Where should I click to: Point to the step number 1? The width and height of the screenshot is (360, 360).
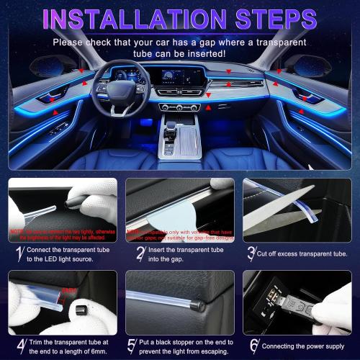[x=18, y=253]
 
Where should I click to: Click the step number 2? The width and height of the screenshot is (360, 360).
[x=140, y=253]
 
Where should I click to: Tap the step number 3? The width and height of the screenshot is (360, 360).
[x=251, y=253]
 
